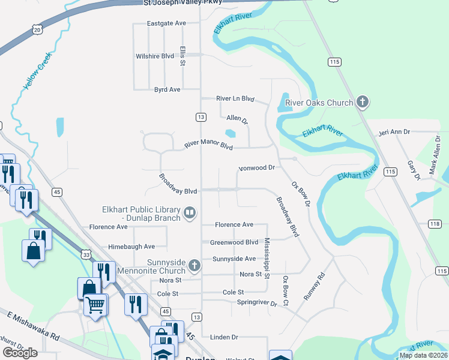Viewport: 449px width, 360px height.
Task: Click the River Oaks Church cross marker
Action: pos(362,102)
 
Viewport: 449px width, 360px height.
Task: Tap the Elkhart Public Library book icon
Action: pos(190,212)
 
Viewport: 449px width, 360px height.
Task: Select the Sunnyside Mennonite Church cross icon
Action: pos(194,265)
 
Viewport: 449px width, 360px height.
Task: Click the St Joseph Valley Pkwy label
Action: pos(182,2)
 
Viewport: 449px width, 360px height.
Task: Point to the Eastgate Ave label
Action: pos(167,23)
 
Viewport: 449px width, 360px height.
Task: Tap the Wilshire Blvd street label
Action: pos(155,56)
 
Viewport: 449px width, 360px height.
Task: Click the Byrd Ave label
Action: pos(167,89)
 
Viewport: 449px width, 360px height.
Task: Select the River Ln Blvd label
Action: pos(235,98)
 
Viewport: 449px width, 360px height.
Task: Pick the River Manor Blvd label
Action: pos(208,145)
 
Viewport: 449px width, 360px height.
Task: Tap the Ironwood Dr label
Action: pos(256,168)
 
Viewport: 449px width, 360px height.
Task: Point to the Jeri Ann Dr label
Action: pos(394,131)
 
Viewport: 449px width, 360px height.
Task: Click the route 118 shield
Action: pos(435,224)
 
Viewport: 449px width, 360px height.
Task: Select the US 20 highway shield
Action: pos(38,29)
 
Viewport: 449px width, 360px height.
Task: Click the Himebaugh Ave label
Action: pos(131,247)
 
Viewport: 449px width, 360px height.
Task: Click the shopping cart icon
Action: pos(95,305)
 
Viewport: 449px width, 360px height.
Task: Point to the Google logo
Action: pos(20,353)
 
